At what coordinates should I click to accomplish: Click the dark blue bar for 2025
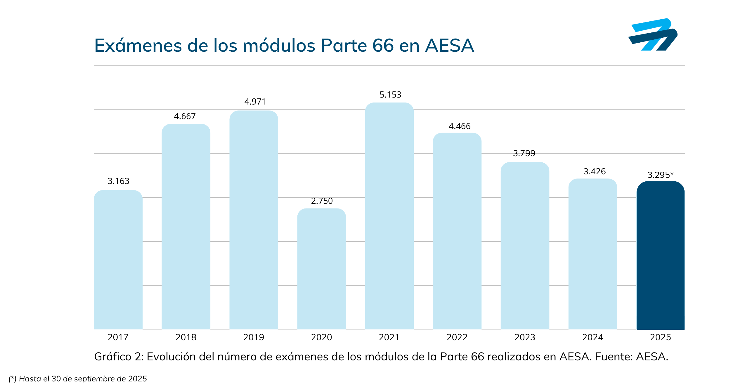coord(660,256)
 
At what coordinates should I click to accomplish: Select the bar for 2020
coord(321,269)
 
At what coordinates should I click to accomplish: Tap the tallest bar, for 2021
coord(389,216)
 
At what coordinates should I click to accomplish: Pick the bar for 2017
coord(118,260)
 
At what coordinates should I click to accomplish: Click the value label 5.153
coord(390,95)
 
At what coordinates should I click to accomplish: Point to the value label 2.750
coord(322,201)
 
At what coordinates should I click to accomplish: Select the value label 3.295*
coord(660,175)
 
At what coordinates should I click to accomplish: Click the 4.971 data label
coord(255,102)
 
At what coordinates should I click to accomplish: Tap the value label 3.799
coord(524,153)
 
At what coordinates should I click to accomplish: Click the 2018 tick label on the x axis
coord(186,337)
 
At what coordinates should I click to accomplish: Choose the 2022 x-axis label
coord(457,337)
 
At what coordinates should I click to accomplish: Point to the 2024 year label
coord(592,337)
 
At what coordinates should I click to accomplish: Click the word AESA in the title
coord(449,46)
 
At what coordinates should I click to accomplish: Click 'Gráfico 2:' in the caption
coord(119,357)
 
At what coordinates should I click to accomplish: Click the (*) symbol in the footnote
coord(12,379)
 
